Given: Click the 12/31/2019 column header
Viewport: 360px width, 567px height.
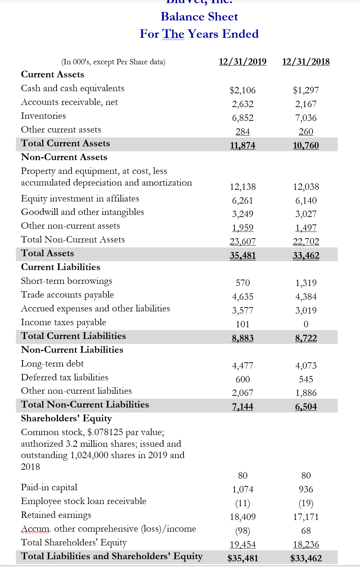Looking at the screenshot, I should point(243,62).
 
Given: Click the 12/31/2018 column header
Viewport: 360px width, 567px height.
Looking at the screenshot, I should point(306,62).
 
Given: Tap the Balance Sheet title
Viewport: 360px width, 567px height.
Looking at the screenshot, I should point(199,17).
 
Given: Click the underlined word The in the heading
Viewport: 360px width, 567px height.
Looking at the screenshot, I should point(173,34).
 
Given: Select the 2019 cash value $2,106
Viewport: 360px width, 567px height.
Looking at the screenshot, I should point(243,90).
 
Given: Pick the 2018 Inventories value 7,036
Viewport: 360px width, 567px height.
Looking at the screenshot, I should point(306,118).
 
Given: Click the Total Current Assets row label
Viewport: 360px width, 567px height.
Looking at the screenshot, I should point(65,143).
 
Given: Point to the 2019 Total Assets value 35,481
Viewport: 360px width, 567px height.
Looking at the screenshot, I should point(243,255).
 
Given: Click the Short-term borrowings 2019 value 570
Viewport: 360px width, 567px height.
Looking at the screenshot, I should point(243,283).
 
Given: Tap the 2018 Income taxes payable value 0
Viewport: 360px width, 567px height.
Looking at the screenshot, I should point(306,324).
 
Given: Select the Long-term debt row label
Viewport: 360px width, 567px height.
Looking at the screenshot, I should point(52,363).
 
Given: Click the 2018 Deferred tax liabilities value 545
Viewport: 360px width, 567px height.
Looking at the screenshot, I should point(306,379).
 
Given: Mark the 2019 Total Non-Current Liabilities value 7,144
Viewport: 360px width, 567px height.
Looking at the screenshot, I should point(243,407).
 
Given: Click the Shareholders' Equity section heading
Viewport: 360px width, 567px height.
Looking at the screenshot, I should point(66,418).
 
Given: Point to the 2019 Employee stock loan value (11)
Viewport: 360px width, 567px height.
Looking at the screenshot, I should point(243,503).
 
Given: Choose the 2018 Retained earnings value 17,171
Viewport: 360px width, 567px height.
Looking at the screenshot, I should point(306,517).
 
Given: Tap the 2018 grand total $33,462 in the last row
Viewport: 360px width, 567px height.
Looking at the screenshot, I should point(306,558).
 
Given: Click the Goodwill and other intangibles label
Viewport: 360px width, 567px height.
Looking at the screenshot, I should point(82,212).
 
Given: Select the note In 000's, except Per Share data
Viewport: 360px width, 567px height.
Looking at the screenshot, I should point(113,62).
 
